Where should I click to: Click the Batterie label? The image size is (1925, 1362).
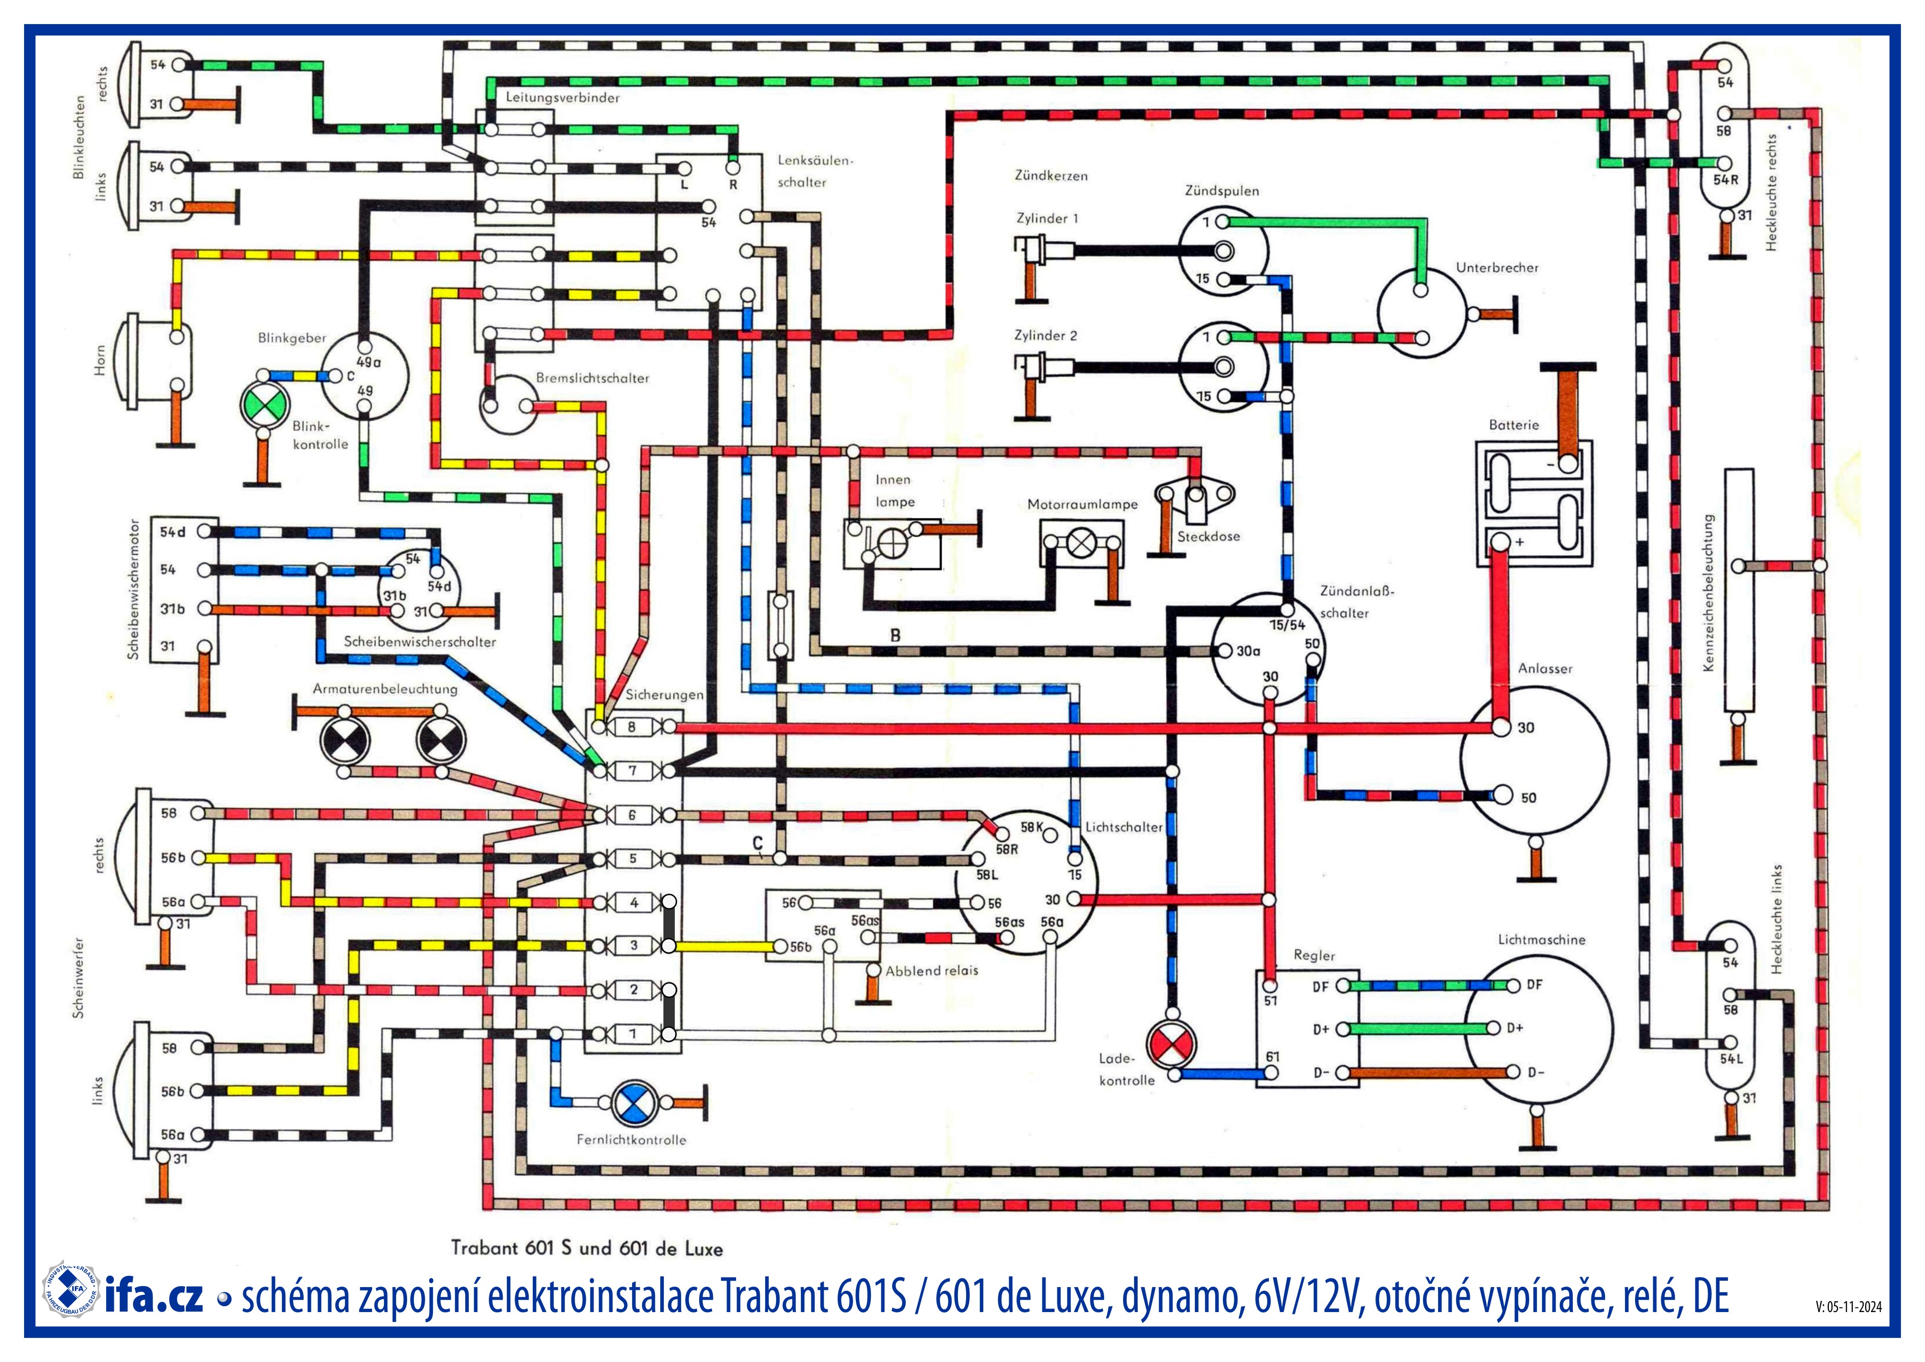coord(1513,425)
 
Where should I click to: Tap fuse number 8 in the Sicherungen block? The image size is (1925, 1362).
coord(633,727)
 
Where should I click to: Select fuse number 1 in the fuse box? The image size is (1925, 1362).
coord(633,1034)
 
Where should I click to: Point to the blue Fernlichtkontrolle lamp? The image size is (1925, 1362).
coord(634,1104)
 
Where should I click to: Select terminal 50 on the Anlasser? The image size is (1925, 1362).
coord(1501,794)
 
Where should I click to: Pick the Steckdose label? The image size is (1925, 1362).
coord(1208,537)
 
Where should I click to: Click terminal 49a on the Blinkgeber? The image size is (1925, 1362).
coord(365,346)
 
